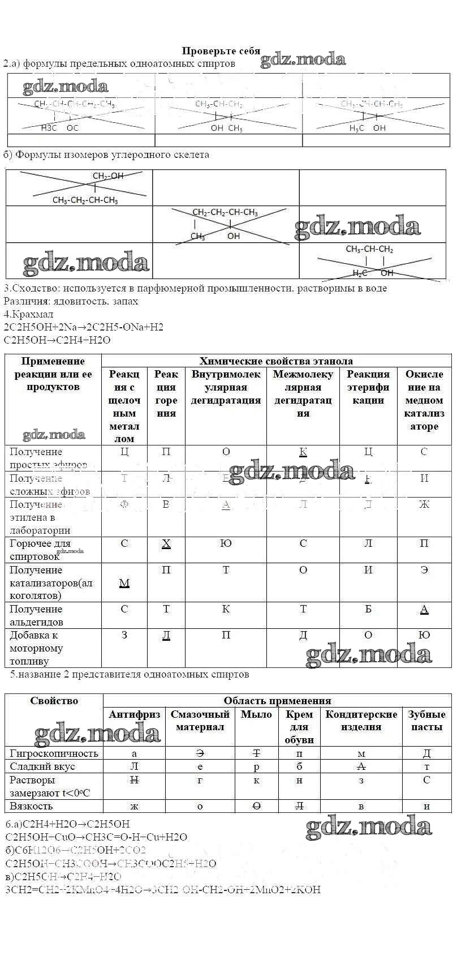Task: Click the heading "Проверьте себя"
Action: tap(221, 51)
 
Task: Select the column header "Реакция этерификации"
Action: tap(368, 387)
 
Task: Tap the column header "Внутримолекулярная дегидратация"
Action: tap(226, 387)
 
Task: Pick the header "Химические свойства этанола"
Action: tap(276, 361)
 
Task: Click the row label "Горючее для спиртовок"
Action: tap(40, 550)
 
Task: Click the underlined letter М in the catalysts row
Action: tap(124, 582)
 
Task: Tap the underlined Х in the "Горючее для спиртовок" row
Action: tap(166, 543)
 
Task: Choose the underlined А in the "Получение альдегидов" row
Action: tap(424, 609)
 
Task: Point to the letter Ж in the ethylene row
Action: tap(424, 504)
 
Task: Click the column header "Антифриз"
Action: tap(134, 714)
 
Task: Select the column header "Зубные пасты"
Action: tap(426, 721)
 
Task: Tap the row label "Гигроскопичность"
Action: tap(54, 753)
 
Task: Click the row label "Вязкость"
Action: tap(31, 806)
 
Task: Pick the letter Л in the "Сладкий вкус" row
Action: tap(134, 766)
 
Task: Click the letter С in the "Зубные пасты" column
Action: tap(426, 780)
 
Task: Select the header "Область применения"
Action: tap(277, 701)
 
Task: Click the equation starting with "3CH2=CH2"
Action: tap(162, 889)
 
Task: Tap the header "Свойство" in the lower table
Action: tap(54, 701)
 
